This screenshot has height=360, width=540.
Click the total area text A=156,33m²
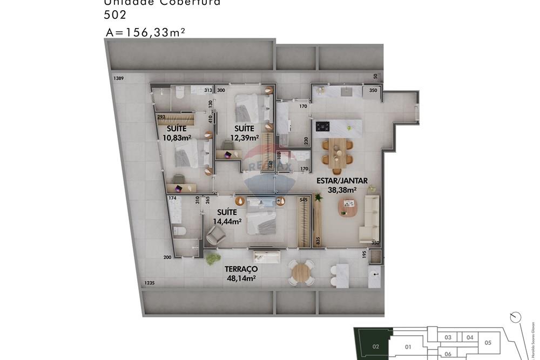(x=146, y=32)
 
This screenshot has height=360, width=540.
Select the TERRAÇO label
(x=241, y=269)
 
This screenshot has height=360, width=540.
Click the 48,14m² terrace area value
(x=241, y=279)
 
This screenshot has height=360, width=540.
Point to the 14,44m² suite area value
(x=227, y=221)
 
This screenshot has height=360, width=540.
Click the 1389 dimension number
(x=119, y=79)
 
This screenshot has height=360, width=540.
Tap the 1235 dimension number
(x=150, y=283)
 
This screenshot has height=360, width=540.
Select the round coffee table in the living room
(x=347, y=207)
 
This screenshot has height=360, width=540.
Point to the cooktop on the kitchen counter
(x=323, y=127)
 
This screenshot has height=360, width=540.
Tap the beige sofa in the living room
(x=370, y=218)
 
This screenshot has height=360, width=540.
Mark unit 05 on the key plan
(x=488, y=342)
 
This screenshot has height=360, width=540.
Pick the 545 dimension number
(x=303, y=200)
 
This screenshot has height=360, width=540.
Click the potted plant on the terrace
(x=213, y=259)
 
